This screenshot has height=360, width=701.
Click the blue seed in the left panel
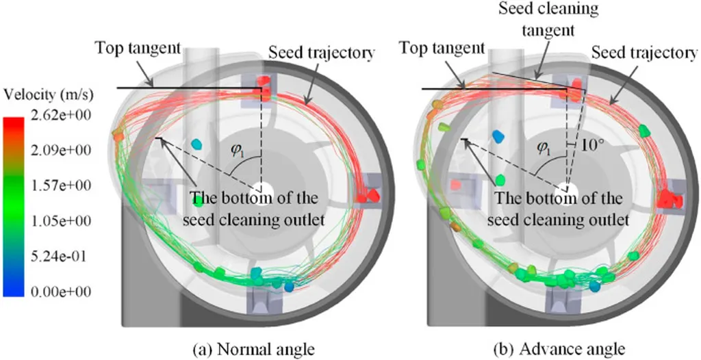click(197, 144)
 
